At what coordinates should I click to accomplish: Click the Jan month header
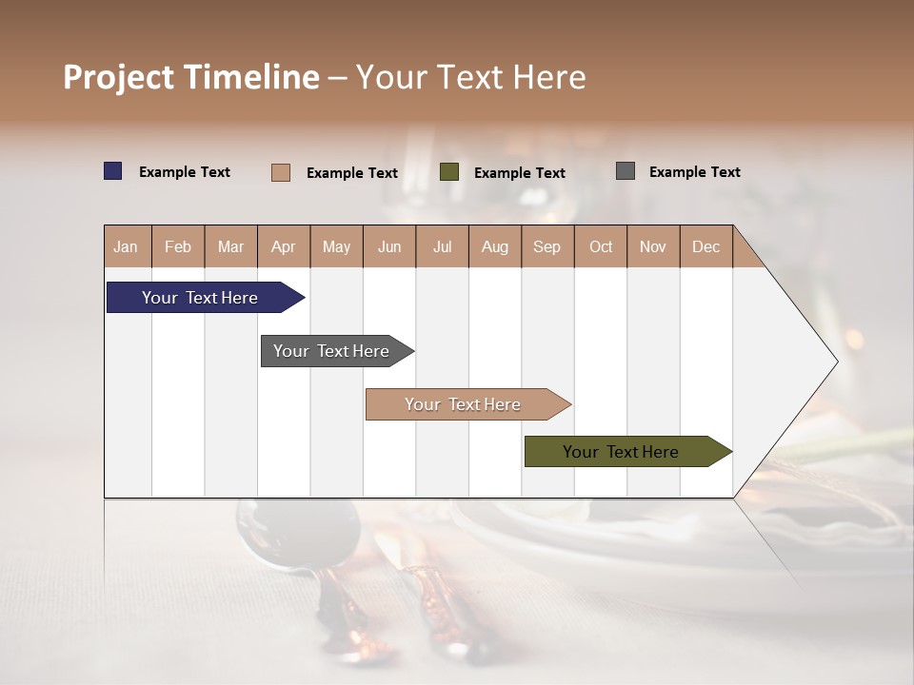pyautogui.click(x=126, y=246)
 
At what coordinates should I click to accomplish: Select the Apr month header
pyautogui.click(x=283, y=246)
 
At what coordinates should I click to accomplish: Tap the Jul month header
pyautogui.click(x=442, y=246)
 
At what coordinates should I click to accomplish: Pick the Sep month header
pyautogui.click(x=546, y=246)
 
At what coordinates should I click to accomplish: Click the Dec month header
pyautogui.click(x=705, y=246)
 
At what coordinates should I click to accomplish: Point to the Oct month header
pyautogui.click(x=601, y=246)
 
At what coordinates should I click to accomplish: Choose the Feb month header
pyautogui.click(x=178, y=246)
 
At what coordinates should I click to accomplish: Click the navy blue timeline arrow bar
pyautogui.click(x=200, y=298)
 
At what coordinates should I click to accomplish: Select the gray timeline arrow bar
pyautogui.click(x=331, y=351)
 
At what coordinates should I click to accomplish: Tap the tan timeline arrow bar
pyautogui.click(x=463, y=404)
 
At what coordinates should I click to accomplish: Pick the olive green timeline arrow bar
pyautogui.click(x=621, y=452)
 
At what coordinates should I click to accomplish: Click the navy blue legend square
pyautogui.click(x=113, y=171)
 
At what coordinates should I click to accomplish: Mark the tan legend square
pyautogui.click(x=281, y=172)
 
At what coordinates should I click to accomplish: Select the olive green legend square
pyautogui.click(x=449, y=172)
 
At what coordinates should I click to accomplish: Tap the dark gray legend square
pyautogui.click(x=626, y=171)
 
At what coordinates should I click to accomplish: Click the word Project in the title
pyautogui.click(x=117, y=77)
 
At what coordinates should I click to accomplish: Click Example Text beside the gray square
pyautogui.click(x=694, y=172)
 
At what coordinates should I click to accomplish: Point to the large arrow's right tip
pyautogui.click(x=835, y=362)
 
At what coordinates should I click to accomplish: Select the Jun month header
pyautogui.click(x=389, y=246)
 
